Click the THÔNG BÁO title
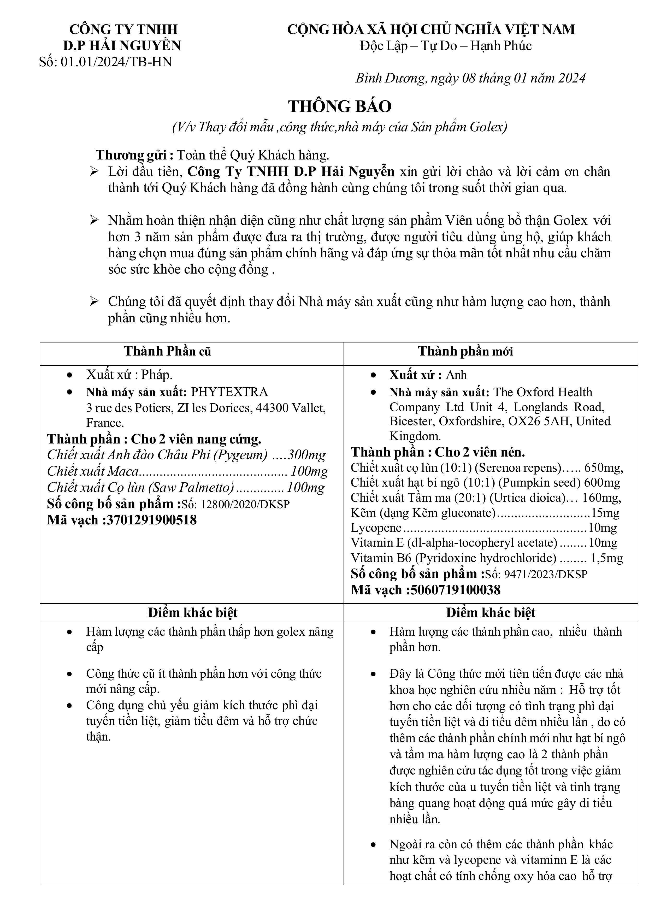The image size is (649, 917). pos(340,106)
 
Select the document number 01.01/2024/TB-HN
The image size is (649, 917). pos(116,62)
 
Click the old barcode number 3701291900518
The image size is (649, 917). pos(151,520)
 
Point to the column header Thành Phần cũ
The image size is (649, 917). pos(167,351)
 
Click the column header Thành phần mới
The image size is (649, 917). pos(465,351)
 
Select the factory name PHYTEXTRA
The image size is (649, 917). pos(229,392)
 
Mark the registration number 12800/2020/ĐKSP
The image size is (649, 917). pos(245,504)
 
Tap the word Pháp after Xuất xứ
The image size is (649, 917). pos(157,375)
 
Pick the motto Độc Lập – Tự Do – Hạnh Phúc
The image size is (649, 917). pos(446,46)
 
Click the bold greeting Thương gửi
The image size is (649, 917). pos(134,155)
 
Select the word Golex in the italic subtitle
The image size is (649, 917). pos(488,127)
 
